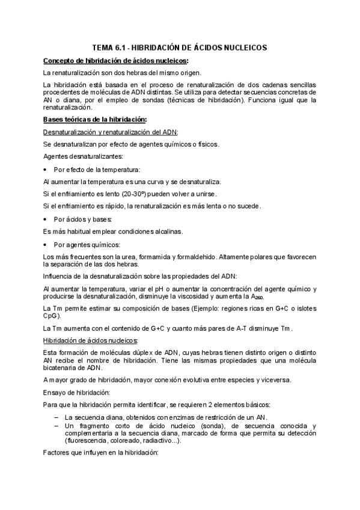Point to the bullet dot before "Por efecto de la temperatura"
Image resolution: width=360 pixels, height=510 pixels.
(46, 170)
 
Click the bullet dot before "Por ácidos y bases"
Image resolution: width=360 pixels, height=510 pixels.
(46, 219)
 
